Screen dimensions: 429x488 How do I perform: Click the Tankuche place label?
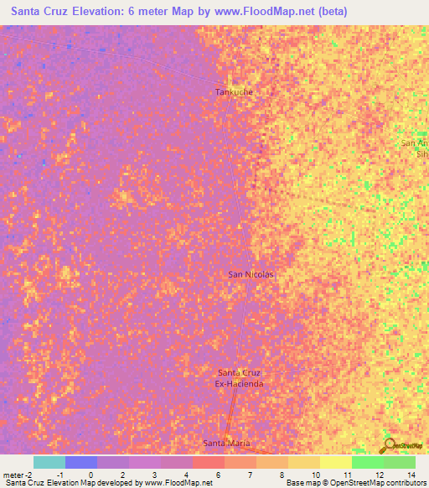point(234,92)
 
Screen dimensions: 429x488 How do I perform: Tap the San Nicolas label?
point(251,274)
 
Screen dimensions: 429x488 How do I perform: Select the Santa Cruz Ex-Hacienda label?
point(240,378)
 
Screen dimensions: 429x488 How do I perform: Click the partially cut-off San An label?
point(414,143)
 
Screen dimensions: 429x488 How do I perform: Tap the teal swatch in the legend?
point(49,462)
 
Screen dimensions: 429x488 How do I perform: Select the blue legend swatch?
point(81,462)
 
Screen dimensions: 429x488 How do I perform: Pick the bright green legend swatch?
point(368,462)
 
